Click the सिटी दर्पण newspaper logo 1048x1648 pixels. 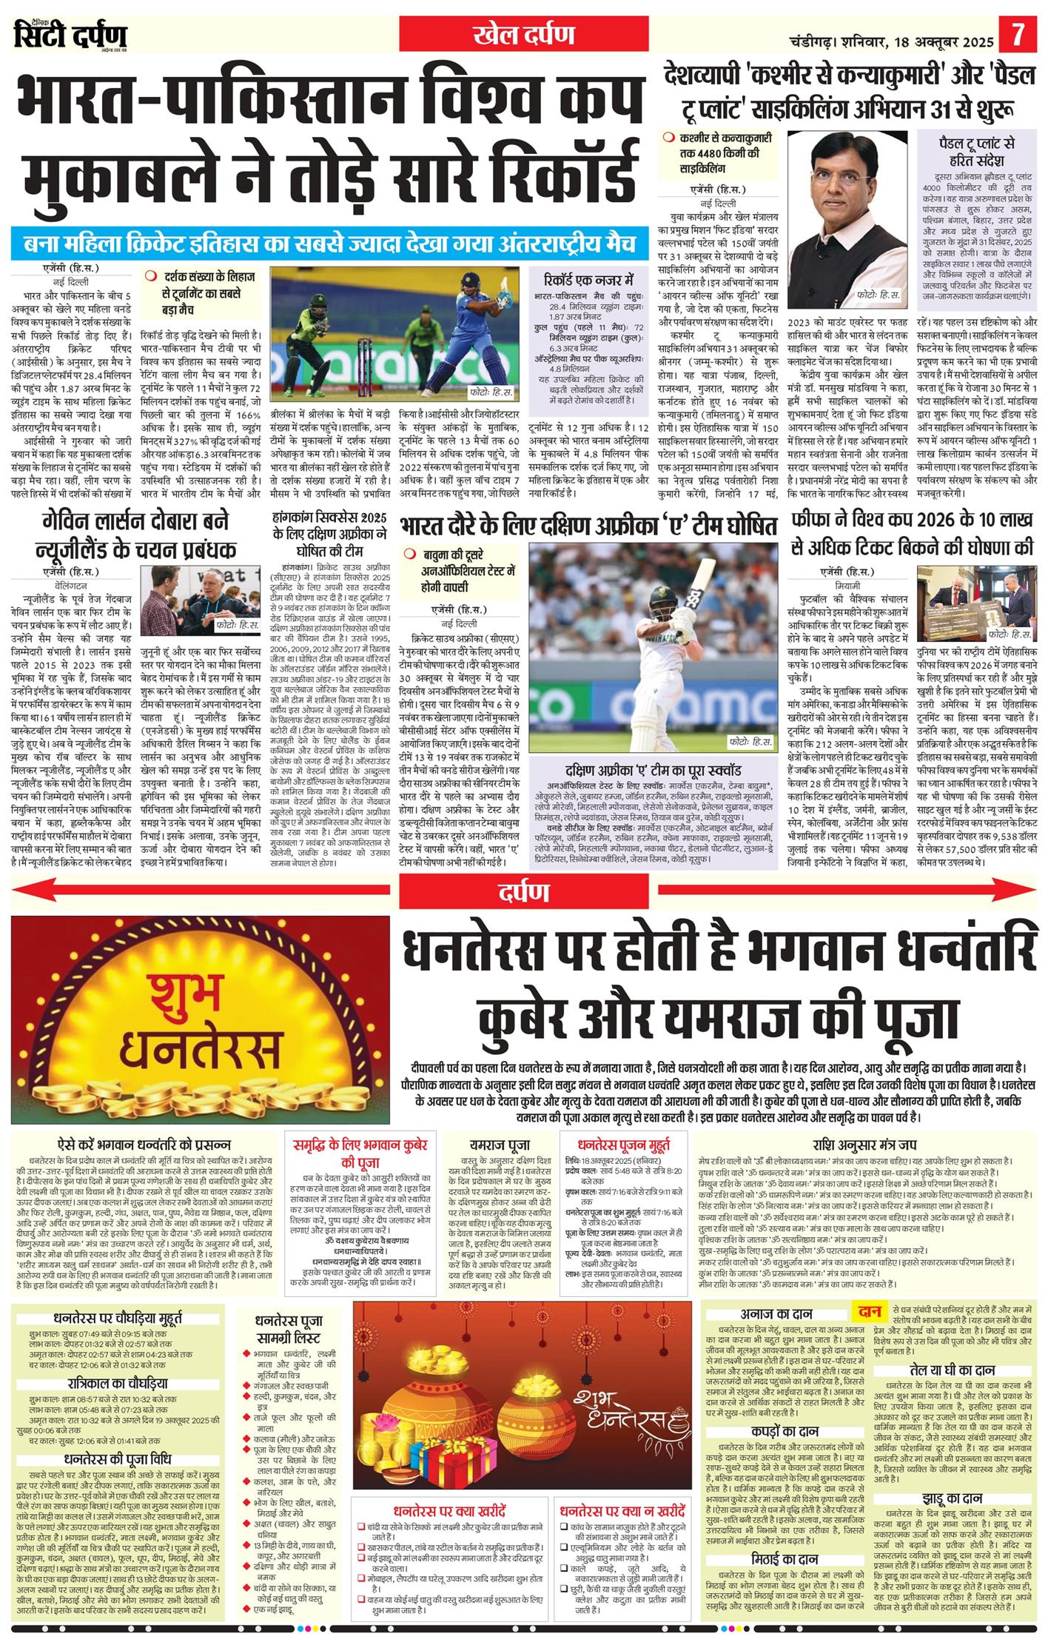point(70,35)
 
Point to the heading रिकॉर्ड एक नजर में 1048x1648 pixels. point(588,281)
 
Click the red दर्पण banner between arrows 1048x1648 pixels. point(524,893)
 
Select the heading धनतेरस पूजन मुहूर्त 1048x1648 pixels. point(624,1144)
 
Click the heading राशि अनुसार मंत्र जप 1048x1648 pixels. point(864,1144)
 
